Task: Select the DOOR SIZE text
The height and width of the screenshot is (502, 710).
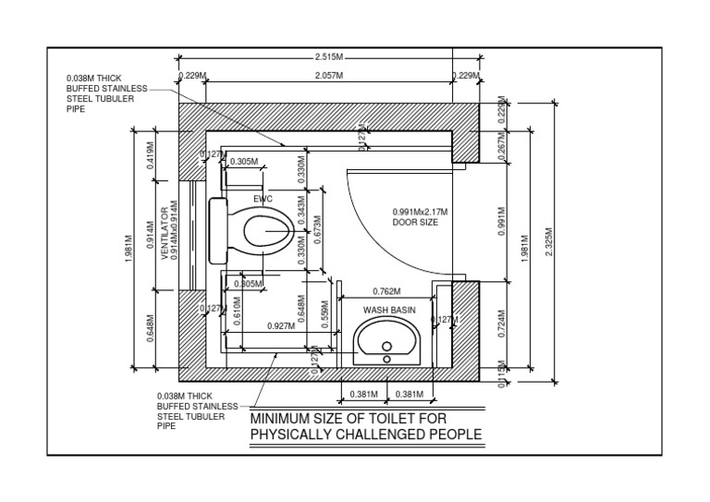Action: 414,223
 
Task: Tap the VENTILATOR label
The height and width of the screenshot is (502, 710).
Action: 165,232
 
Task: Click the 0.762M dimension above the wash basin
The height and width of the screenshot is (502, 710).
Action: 386,290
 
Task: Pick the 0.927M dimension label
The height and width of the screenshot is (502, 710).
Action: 280,325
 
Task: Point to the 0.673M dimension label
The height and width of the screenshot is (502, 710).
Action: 317,230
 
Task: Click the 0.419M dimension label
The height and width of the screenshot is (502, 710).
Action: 151,155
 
